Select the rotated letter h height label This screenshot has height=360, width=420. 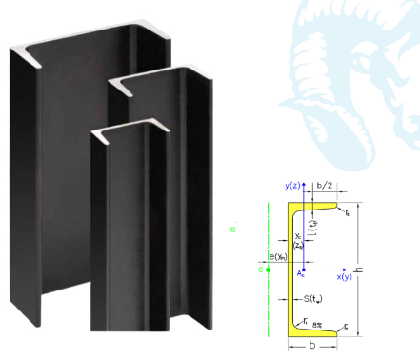[x=359, y=270]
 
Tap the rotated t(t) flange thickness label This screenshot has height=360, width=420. [x=313, y=227]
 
